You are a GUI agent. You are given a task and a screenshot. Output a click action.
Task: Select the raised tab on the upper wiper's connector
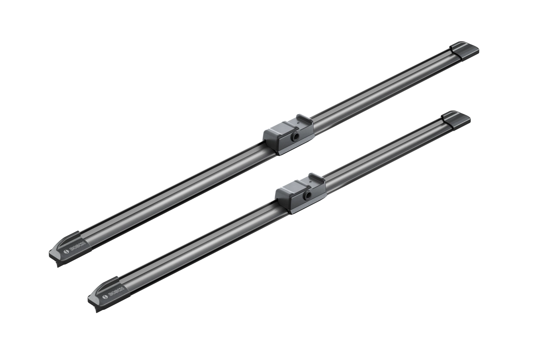[305, 119]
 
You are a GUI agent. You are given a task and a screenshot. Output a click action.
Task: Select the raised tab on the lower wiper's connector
[316, 178]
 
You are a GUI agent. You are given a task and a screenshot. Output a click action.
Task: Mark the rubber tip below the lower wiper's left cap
[97, 309]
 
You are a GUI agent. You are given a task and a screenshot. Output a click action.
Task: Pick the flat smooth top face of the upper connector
[280, 127]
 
